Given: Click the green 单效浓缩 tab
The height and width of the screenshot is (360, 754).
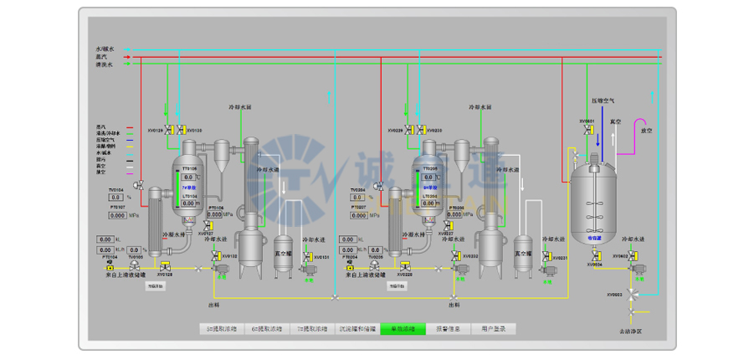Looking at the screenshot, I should (403, 329).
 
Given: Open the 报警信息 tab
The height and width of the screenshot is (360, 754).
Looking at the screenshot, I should (449, 329).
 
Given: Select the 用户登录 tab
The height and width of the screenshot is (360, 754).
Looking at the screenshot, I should (494, 329).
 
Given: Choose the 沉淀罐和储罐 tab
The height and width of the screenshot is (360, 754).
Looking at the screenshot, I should (357, 329).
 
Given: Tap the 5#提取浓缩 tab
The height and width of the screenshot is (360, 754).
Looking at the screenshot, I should (221, 329).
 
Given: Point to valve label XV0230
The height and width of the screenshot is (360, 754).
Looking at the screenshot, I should (434, 131).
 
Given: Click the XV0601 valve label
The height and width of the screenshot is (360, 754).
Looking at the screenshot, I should (587, 121).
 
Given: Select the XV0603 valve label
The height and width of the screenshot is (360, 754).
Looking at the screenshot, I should (616, 295).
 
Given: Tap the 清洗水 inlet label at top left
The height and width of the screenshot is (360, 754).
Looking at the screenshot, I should (104, 64).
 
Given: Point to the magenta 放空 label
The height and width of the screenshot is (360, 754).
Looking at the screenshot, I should (646, 131).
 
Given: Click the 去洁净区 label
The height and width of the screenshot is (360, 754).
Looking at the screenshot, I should (634, 332).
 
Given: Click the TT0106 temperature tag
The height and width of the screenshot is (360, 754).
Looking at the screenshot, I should (190, 169).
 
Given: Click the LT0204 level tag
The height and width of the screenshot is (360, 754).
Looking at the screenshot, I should (430, 196).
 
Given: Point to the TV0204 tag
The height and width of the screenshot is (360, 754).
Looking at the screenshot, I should (357, 190).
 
